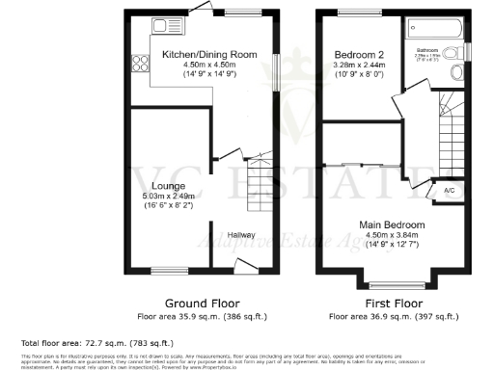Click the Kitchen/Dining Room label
(x=209, y=55)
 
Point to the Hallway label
(x=241, y=232)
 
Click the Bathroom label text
(x=427, y=49)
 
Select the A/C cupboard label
(x=448, y=190)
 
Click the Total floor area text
(x=96, y=342)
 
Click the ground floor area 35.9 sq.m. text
(x=202, y=316)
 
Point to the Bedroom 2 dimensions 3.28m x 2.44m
(x=359, y=65)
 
